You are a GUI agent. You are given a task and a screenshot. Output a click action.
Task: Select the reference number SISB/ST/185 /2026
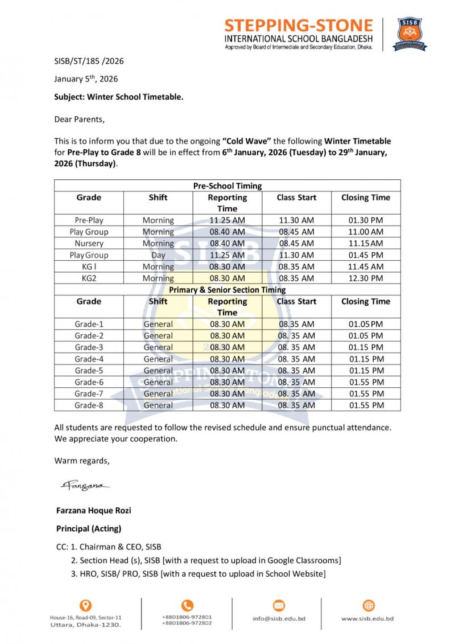click(89, 61)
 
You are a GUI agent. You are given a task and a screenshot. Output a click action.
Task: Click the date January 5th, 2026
click(86, 79)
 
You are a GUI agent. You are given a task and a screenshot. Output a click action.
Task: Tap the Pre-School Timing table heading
click(227, 186)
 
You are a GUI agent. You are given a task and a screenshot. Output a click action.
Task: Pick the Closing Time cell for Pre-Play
click(366, 220)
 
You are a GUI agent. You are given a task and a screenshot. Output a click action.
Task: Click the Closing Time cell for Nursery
click(366, 244)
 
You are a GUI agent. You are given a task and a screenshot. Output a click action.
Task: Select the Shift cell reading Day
click(158, 255)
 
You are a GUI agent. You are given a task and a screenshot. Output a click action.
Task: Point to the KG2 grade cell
click(89, 278)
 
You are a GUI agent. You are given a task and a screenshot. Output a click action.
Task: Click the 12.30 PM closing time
click(366, 278)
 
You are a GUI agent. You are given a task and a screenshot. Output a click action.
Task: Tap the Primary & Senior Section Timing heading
click(227, 290)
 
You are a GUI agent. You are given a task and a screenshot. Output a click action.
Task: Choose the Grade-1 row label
click(89, 325)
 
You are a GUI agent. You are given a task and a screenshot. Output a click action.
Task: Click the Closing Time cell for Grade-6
click(366, 382)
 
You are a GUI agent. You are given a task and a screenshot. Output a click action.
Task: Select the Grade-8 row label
click(89, 405)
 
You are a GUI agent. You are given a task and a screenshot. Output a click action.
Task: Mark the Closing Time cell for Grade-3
click(366, 347)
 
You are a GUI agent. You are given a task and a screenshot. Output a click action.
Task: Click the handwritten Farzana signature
click(85, 486)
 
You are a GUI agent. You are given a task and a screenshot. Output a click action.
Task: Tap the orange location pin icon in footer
click(85, 605)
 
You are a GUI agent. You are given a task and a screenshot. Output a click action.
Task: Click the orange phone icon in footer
click(187, 605)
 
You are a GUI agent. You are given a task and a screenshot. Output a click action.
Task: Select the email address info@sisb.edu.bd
click(279, 618)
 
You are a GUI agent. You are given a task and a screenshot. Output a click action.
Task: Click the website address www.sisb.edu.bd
click(367, 618)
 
